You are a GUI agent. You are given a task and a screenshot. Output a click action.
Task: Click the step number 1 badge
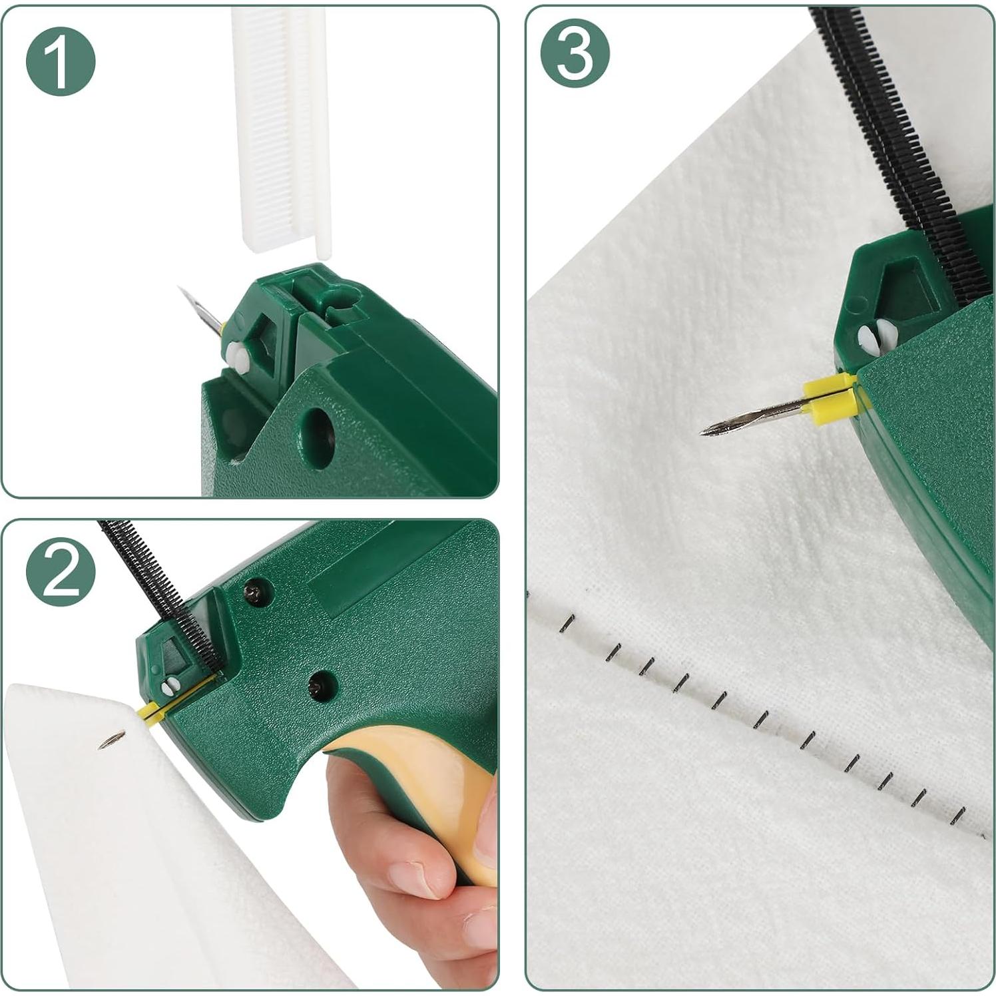click(61, 61)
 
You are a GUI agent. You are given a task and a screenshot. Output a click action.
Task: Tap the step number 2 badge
click(61, 572)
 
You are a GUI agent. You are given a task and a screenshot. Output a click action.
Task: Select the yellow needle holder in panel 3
click(830, 398)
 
